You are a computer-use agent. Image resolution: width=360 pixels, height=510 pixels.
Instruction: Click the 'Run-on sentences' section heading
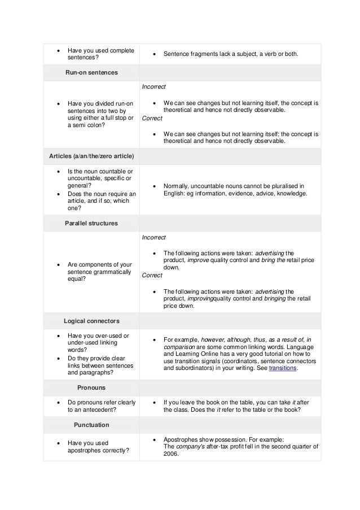91,73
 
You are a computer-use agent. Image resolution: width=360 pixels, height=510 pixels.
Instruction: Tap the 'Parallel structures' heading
91,223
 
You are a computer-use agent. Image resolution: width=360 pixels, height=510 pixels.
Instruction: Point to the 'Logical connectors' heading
91,321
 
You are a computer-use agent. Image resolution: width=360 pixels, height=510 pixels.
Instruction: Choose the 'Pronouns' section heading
91,388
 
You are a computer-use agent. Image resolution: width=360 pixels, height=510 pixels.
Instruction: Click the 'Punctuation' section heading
91,424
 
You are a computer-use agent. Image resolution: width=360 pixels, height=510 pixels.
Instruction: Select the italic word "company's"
190,446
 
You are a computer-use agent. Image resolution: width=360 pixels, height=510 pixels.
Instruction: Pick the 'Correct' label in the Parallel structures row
151,275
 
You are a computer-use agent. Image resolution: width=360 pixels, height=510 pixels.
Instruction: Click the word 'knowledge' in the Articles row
292,193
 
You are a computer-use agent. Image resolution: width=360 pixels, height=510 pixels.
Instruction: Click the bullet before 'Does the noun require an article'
58,194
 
